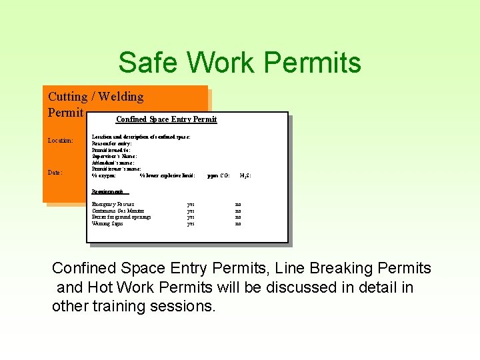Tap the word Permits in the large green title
(313, 63)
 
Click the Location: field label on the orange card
(61, 141)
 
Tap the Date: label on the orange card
(55, 173)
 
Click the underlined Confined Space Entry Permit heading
(166, 119)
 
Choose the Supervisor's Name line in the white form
(114, 156)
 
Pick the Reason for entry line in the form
(111, 143)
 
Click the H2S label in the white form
(245, 176)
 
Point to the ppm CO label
(219, 176)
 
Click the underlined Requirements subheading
(110, 191)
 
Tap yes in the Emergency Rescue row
(191, 204)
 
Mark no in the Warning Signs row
(238, 224)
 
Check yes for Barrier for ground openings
(191, 217)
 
